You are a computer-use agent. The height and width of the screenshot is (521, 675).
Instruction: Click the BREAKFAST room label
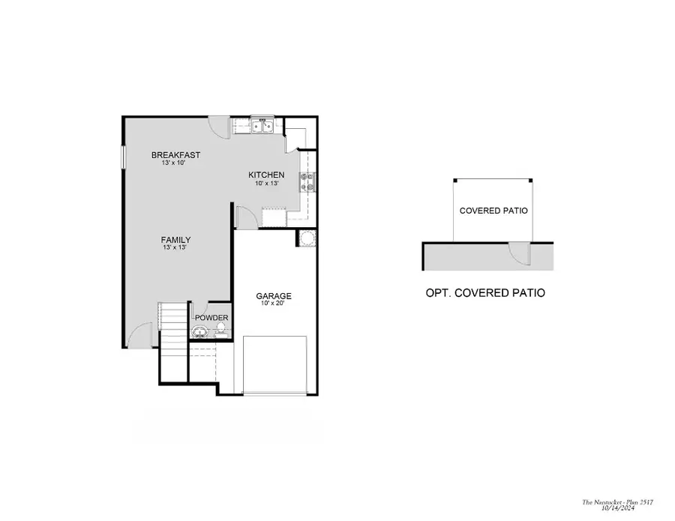click(x=175, y=155)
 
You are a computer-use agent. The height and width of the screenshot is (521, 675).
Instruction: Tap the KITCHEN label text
click(x=266, y=175)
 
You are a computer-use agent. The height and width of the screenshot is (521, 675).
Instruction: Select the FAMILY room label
click(x=175, y=240)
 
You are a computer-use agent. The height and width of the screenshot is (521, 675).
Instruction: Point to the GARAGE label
click(x=274, y=295)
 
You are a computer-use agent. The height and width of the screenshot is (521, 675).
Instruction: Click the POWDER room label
click(x=211, y=318)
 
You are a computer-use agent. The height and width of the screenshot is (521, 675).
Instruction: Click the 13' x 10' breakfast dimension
click(x=174, y=163)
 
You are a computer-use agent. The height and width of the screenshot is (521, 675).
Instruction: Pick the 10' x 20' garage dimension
click(x=274, y=304)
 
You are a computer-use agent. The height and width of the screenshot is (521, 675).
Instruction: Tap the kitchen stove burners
click(x=307, y=181)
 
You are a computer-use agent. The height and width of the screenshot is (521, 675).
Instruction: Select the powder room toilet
click(x=221, y=329)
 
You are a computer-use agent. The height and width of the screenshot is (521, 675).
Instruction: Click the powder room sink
click(x=199, y=331)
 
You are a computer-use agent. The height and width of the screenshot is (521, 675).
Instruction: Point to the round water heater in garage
click(x=307, y=239)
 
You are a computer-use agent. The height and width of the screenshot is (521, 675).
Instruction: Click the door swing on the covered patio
click(x=519, y=254)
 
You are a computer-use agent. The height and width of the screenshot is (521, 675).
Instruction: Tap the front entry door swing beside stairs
click(x=140, y=337)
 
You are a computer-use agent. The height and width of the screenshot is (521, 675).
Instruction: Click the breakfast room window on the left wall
click(x=124, y=157)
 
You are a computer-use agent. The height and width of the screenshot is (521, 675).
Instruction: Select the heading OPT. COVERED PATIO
click(x=485, y=293)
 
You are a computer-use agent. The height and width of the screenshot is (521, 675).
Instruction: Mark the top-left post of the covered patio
click(x=454, y=181)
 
